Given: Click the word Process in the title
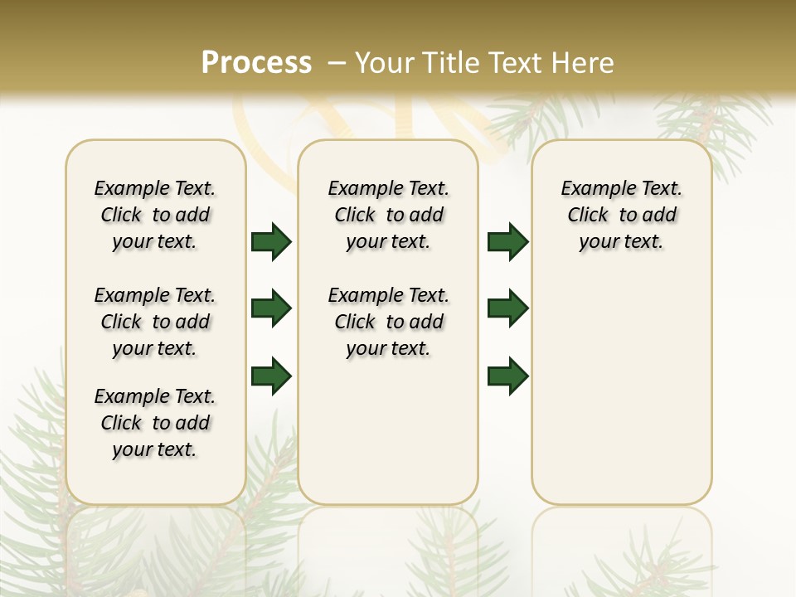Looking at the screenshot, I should point(256,63).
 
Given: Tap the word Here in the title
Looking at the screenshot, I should point(581,63).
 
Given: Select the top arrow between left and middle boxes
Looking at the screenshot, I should point(271,242).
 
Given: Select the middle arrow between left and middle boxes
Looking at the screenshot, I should point(271,308).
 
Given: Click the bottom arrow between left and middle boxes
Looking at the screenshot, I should point(271,376).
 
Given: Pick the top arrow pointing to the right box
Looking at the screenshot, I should point(507,242).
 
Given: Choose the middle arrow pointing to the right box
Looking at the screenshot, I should point(507,308).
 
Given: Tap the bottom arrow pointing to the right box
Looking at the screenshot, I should point(507,376).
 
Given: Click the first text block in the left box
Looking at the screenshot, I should point(155,216).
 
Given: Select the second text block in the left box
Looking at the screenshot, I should point(155,322).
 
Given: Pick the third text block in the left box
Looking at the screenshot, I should point(155,423).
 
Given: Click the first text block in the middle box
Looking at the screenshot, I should point(388,216).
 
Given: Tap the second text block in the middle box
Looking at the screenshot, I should point(388,322).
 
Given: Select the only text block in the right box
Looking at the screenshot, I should point(621,216).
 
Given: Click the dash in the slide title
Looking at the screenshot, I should point(337,63).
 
